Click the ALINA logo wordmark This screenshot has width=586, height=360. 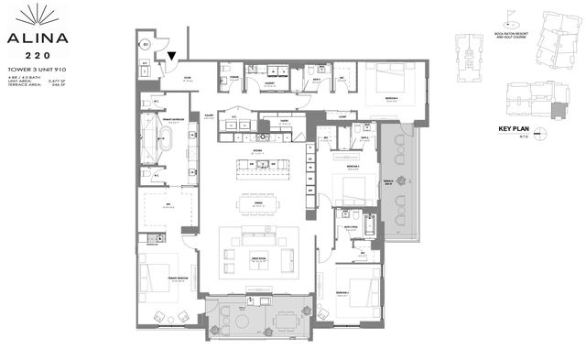pyautogui.click(x=37, y=39)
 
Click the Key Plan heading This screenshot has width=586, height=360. pyautogui.click(x=515, y=128)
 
